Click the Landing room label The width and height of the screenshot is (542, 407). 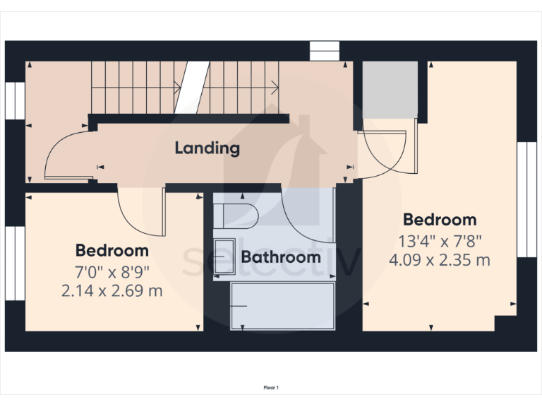coord(207,148)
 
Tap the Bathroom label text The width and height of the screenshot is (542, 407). coord(281,256)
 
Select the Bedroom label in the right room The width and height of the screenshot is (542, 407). coord(439,219)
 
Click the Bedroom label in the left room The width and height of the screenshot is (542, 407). coord(112,250)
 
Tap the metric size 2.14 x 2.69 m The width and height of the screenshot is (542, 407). coord(112,290)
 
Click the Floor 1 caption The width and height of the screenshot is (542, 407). coord(271,387)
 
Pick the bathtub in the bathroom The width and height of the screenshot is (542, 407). coord(282,305)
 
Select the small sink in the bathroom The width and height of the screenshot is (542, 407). coord(224,251)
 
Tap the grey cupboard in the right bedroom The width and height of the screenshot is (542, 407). coord(390,90)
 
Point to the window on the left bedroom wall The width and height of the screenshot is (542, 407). coord(15,263)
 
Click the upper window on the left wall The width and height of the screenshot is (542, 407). coord(15,100)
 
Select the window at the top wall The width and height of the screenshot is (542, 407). coord(325,52)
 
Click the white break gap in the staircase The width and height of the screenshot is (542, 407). coord(193,88)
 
